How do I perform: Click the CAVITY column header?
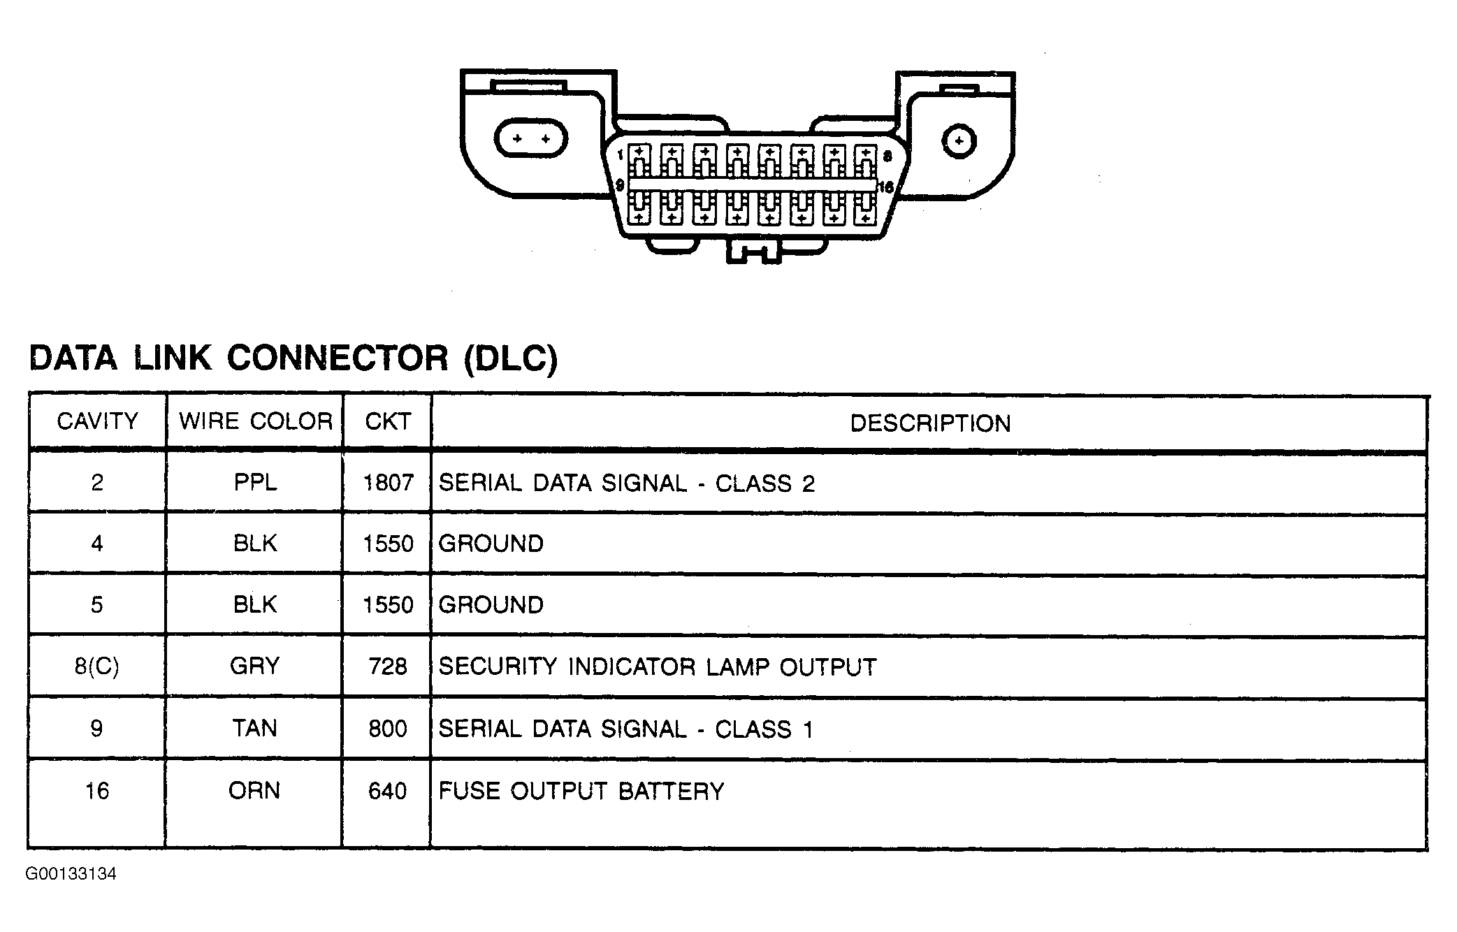pyautogui.click(x=97, y=421)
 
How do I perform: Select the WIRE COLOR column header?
pyautogui.click(x=256, y=421)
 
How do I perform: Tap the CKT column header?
pyautogui.click(x=388, y=421)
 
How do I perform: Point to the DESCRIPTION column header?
pyautogui.click(x=930, y=423)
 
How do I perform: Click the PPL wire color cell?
pyautogui.click(x=255, y=483)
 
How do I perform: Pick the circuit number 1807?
pyautogui.click(x=389, y=483)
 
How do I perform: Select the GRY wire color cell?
pyautogui.click(x=254, y=666)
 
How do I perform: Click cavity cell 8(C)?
pyautogui.click(x=97, y=667)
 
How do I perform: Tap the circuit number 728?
pyautogui.click(x=388, y=667)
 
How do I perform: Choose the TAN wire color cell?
pyautogui.click(x=254, y=729)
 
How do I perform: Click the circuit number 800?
pyautogui.click(x=388, y=729)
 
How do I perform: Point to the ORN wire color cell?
pyautogui.click(x=254, y=791)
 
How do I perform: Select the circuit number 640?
pyautogui.click(x=388, y=791)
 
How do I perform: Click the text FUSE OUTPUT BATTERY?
pyautogui.click(x=581, y=792)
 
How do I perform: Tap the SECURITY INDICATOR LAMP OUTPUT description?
pyautogui.click(x=658, y=667)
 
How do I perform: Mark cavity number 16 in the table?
pyautogui.click(x=97, y=791)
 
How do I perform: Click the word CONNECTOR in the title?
pyautogui.click(x=338, y=358)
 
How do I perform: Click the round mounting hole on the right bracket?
pyautogui.click(x=959, y=141)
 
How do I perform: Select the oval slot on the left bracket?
pyautogui.click(x=531, y=138)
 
